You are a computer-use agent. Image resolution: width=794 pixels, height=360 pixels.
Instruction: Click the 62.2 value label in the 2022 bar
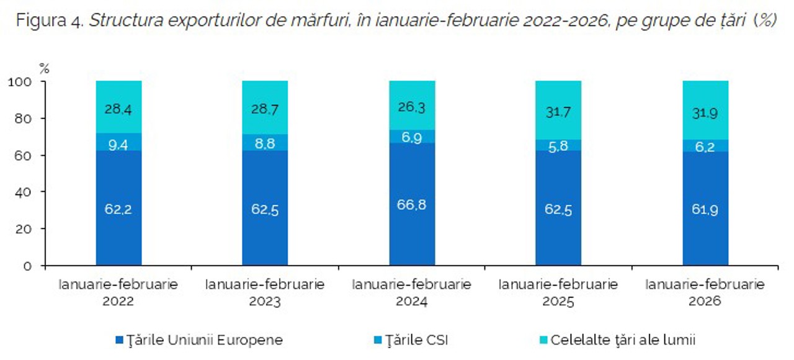coord(118,210)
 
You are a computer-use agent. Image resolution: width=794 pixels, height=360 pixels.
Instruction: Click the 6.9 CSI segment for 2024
coord(412,137)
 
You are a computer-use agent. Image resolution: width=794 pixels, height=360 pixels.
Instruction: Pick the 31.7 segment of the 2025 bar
coord(558,112)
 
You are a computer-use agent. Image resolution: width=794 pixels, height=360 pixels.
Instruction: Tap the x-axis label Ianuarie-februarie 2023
coord(265,293)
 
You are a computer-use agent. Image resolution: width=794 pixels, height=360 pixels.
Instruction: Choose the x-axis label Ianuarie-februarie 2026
coord(705,293)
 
